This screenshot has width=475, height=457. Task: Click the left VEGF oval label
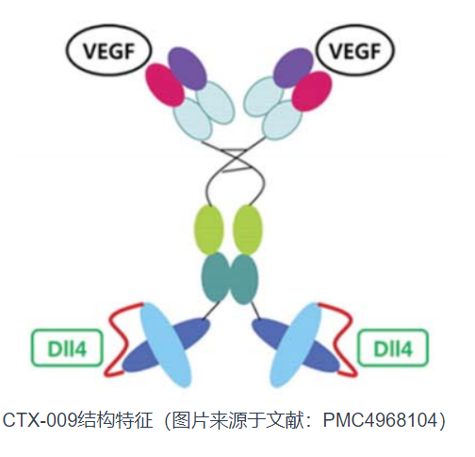108,51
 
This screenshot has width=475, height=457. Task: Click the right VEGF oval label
355,50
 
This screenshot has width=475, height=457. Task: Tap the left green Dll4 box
67,348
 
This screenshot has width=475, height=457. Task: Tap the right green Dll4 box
393,348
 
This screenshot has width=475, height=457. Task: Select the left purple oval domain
188,69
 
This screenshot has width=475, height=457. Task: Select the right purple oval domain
293,68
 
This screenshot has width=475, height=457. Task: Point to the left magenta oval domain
165,85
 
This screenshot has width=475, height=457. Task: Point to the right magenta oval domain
311,92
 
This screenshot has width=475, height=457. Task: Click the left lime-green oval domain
209,229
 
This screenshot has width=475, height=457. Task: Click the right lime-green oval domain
248,229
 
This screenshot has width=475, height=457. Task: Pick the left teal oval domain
216,279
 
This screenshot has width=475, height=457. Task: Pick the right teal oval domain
244,279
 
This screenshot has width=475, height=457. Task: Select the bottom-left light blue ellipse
166,345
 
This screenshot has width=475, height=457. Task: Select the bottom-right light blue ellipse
297,345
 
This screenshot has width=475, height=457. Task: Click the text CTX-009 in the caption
40,420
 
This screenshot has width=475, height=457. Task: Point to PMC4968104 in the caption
381,420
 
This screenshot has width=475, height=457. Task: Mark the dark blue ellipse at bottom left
166,346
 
